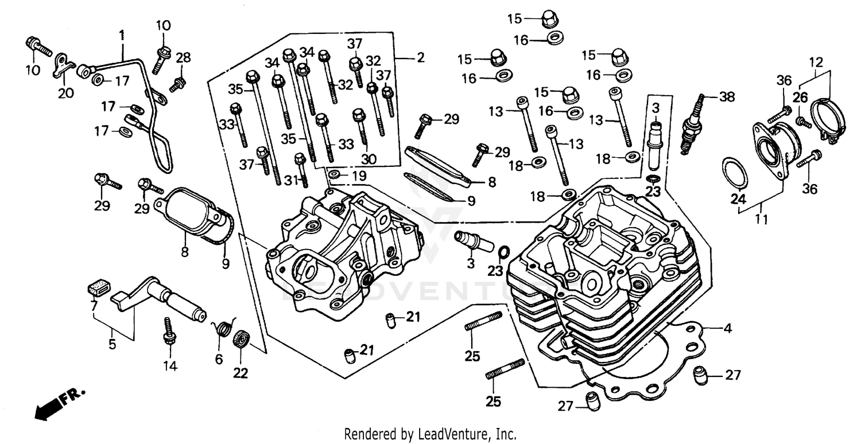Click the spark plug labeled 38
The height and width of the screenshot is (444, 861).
(x=691, y=125)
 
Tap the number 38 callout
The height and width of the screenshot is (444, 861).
(x=727, y=98)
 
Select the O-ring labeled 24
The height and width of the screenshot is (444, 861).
(x=734, y=172)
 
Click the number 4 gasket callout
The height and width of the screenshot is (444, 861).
(x=727, y=329)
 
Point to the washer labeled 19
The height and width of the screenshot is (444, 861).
(x=335, y=174)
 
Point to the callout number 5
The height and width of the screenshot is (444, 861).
(x=113, y=344)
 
